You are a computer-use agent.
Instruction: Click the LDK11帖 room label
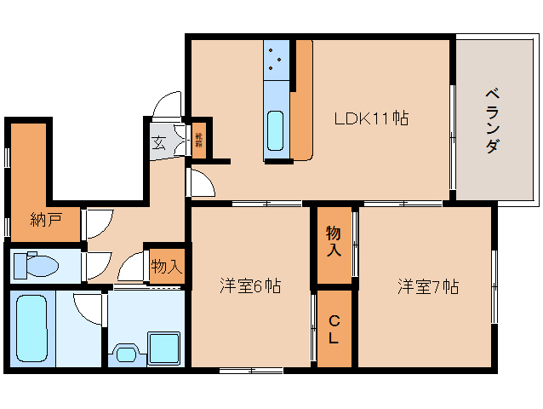pos(370,118)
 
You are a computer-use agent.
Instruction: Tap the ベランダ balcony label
pos(492,120)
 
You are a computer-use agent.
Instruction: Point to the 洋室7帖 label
pos(427,286)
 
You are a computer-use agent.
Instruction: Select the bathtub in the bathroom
pos(33,329)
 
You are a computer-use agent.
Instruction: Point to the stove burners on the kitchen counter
pos(277,59)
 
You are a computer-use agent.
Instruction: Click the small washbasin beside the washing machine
pos(126,353)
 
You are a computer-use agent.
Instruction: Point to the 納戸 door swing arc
pos(96,223)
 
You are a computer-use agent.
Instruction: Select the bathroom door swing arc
pos(88,307)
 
